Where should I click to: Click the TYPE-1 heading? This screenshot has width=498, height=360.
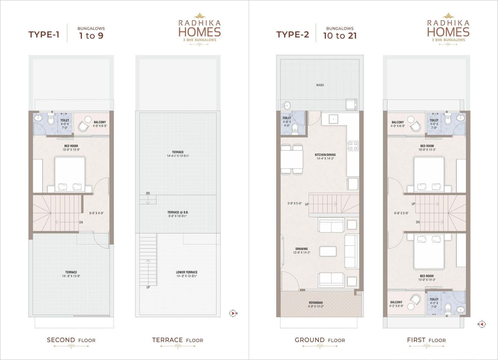pyautogui.click(x=44, y=35)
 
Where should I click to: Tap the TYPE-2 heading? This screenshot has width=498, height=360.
pyautogui.click(x=293, y=35)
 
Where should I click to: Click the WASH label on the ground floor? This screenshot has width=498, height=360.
pyautogui.click(x=320, y=85)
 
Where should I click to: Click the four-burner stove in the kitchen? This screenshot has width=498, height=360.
pyautogui.click(x=353, y=146)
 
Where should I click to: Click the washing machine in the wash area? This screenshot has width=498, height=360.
pyautogui.click(x=351, y=104)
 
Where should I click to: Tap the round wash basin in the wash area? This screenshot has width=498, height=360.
pyautogui.click(x=286, y=105)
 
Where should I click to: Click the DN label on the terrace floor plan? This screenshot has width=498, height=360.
pyautogui.click(x=148, y=193)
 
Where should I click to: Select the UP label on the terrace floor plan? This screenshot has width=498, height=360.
pyautogui.click(x=148, y=287)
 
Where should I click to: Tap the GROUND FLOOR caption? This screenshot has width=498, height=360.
pyautogui.click(x=320, y=340)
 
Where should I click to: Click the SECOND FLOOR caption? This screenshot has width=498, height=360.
pyautogui.click(x=71, y=340)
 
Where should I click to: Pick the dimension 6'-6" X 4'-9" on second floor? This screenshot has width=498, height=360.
pyautogui.click(x=96, y=213)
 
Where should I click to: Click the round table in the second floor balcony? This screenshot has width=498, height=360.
pyautogui.click(x=88, y=120)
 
